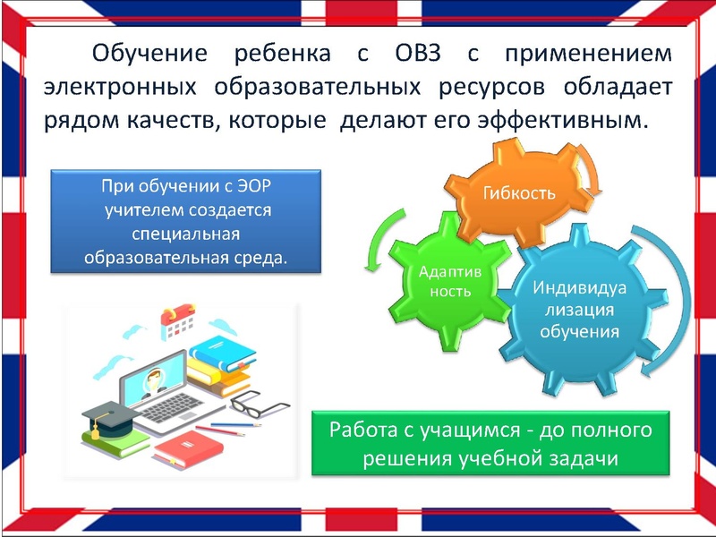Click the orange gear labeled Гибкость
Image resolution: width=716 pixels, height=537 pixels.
pyautogui.click(x=519, y=193)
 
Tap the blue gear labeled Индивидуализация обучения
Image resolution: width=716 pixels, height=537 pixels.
pyautogui.click(x=578, y=310)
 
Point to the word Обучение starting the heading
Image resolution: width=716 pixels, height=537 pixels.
pyautogui.click(x=149, y=54)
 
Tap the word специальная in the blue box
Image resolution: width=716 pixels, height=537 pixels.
pyautogui.click(x=186, y=234)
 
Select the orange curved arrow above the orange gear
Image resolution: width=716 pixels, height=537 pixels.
pyautogui.click(x=585, y=170)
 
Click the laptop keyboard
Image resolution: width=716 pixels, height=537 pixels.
pyautogui.click(x=179, y=408)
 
